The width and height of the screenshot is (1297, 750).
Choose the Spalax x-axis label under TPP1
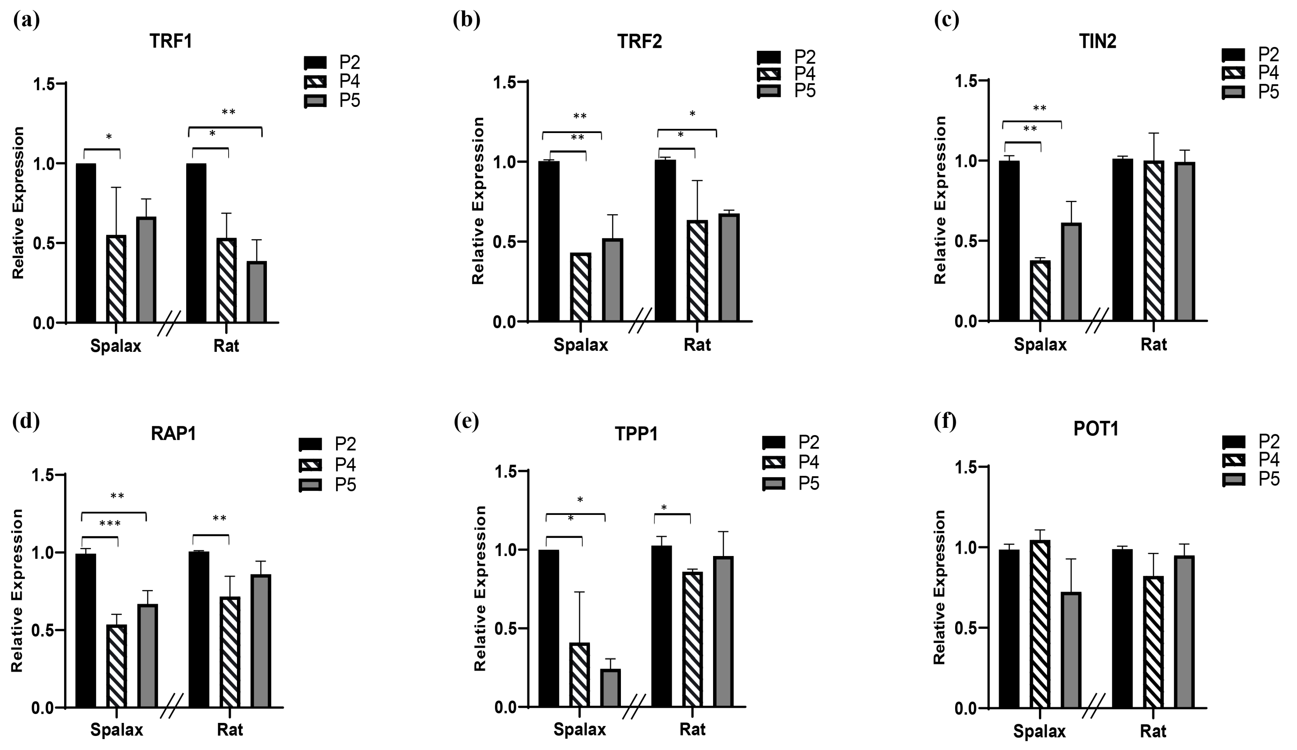tap(579, 729)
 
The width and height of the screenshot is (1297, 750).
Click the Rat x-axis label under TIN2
tap(1153, 344)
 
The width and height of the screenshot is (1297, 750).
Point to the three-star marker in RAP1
tap(110, 524)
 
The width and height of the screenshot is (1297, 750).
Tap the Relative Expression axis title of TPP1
tap(480, 588)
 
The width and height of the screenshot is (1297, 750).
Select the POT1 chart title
tap(1096, 429)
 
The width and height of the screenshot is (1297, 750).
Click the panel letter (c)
tap(946, 21)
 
